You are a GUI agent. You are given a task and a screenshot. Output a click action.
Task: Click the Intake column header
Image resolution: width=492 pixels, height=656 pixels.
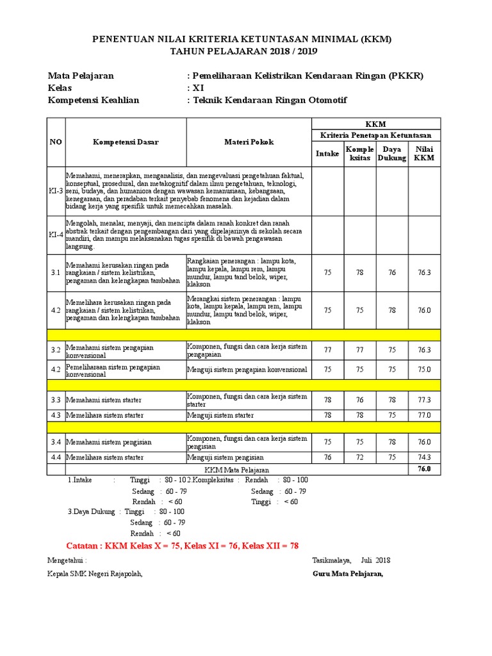pos(327,154)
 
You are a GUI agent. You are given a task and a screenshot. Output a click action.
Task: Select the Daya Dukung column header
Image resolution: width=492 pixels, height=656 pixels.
pos(392,154)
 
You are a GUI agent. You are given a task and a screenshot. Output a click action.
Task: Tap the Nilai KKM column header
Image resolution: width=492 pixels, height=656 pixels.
pos(424,154)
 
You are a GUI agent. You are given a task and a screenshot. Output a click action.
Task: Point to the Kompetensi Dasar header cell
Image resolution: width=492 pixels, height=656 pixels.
pos(126,142)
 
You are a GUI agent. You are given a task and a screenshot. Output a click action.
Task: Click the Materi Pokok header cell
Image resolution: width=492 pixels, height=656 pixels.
pos(249,142)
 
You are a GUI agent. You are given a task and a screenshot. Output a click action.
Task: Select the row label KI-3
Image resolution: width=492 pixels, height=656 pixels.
pos(56,191)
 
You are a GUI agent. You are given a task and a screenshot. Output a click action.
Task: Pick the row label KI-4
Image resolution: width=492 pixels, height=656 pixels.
pos(56,234)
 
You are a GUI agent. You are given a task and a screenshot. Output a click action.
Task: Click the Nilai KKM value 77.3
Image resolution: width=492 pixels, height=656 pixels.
pos(424,400)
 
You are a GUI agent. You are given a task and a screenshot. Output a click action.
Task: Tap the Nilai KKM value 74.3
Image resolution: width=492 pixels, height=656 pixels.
pos(424,457)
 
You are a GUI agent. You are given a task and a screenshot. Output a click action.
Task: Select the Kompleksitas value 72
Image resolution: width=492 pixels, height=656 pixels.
pos(359,457)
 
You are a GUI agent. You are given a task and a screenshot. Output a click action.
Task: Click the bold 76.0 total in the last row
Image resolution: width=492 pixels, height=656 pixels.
pos(424,469)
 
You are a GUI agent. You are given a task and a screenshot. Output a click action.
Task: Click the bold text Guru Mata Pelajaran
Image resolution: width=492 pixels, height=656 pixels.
pos(348,573)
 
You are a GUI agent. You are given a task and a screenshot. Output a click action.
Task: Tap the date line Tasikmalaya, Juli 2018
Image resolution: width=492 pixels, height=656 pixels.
pos(351,560)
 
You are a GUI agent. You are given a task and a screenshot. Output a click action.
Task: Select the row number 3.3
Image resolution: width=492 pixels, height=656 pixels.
pos(56,400)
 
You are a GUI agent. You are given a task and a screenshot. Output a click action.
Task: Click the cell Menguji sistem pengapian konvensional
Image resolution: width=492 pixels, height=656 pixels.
pos(247,370)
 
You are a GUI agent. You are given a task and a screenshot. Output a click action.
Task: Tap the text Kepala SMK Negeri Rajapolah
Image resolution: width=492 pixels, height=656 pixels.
pos(95,573)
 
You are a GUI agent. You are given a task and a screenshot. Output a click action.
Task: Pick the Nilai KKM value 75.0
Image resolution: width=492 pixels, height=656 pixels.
pos(424,370)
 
